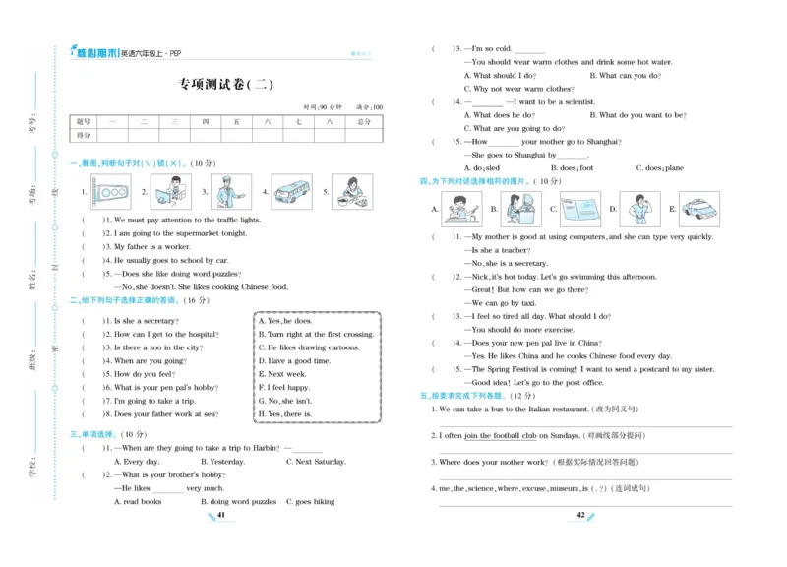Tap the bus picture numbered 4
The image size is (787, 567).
point(290,192)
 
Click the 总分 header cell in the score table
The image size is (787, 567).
point(364,121)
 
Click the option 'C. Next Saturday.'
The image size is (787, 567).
point(316,461)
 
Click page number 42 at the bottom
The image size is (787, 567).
point(580,515)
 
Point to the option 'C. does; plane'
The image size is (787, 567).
point(659,168)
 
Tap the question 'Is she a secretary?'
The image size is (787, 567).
point(146,321)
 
